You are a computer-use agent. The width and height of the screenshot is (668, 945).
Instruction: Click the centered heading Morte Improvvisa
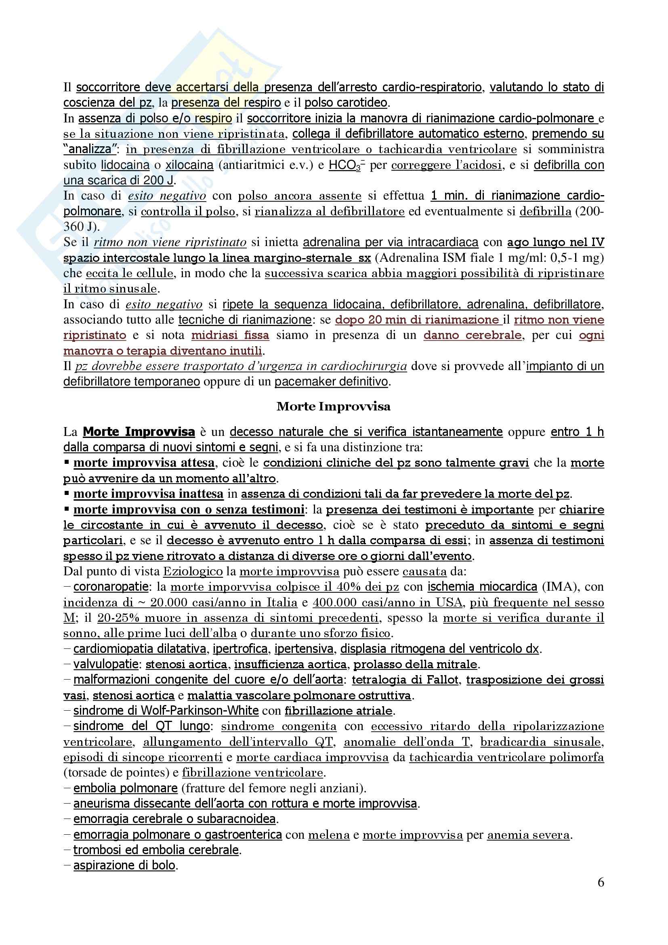click(x=334, y=407)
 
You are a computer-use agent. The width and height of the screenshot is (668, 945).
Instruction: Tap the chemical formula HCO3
click(x=344, y=165)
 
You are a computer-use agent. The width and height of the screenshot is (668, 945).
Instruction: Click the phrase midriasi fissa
click(x=230, y=335)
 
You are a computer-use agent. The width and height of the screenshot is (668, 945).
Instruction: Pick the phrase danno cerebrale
click(x=473, y=335)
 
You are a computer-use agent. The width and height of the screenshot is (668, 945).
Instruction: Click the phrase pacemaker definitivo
click(x=331, y=381)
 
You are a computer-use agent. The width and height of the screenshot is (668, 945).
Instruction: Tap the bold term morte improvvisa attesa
click(x=143, y=463)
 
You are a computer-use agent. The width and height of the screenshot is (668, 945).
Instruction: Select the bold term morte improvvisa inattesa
click(x=148, y=494)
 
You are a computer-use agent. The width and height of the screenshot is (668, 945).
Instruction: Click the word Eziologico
click(x=193, y=571)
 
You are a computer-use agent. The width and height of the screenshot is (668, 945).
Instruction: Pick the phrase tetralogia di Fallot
click(x=405, y=680)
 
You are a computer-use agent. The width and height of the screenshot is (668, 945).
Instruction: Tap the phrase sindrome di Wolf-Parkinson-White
click(x=166, y=711)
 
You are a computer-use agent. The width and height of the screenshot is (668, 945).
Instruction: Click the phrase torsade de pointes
click(x=117, y=772)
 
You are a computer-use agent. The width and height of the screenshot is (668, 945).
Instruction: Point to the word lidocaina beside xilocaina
click(x=125, y=165)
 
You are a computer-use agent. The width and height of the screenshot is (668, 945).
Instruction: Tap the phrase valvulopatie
click(x=106, y=664)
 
